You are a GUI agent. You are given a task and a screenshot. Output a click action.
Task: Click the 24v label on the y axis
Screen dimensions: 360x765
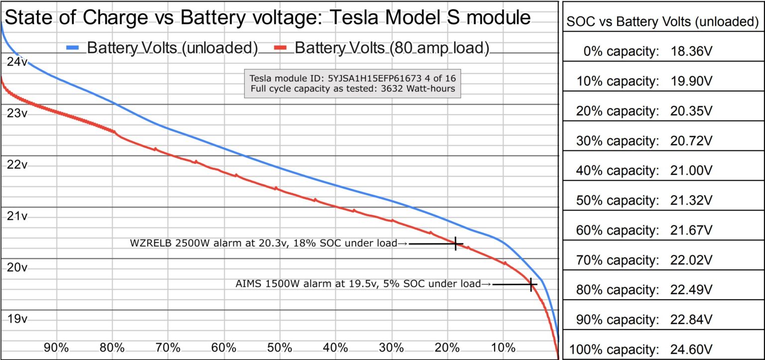(x=17, y=62)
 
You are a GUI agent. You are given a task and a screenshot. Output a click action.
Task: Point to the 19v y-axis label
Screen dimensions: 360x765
(x=17, y=319)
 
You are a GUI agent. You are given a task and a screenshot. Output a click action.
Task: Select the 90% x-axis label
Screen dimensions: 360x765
(x=56, y=347)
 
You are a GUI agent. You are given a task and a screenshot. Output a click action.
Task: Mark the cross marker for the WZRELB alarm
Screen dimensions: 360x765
(x=456, y=243)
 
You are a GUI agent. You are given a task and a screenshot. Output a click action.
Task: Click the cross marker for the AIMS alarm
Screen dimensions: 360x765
(x=531, y=284)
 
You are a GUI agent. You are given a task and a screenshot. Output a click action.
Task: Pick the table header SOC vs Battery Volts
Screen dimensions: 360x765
(x=663, y=21)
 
